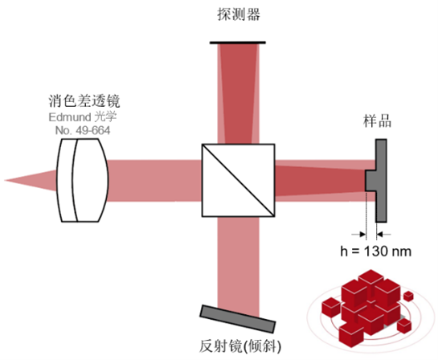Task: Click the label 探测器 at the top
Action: click(x=239, y=14)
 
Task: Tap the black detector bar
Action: click(x=238, y=43)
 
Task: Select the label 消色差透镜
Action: click(x=84, y=101)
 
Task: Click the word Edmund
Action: click(x=70, y=117)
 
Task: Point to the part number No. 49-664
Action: click(x=83, y=130)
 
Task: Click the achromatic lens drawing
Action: click(x=82, y=181)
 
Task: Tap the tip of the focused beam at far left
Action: click(x=5, y=181)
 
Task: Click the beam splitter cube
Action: click(x=238, y=180)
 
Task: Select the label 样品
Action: click(x=377, y=121)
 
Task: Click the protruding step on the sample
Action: click(x=370, y=181)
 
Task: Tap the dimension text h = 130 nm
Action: click(x=375, y=251)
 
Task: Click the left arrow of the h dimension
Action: click(x=358, y=234)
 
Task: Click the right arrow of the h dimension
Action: click(x=384, y=234)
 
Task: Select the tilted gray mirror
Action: click(x=237, y=319)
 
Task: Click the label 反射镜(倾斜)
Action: click(x=240, y=346)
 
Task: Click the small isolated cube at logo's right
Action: click(x=409, y=296)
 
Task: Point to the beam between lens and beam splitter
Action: click(x=154, y=181)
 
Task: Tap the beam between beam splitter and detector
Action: click(x=238, y=93)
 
